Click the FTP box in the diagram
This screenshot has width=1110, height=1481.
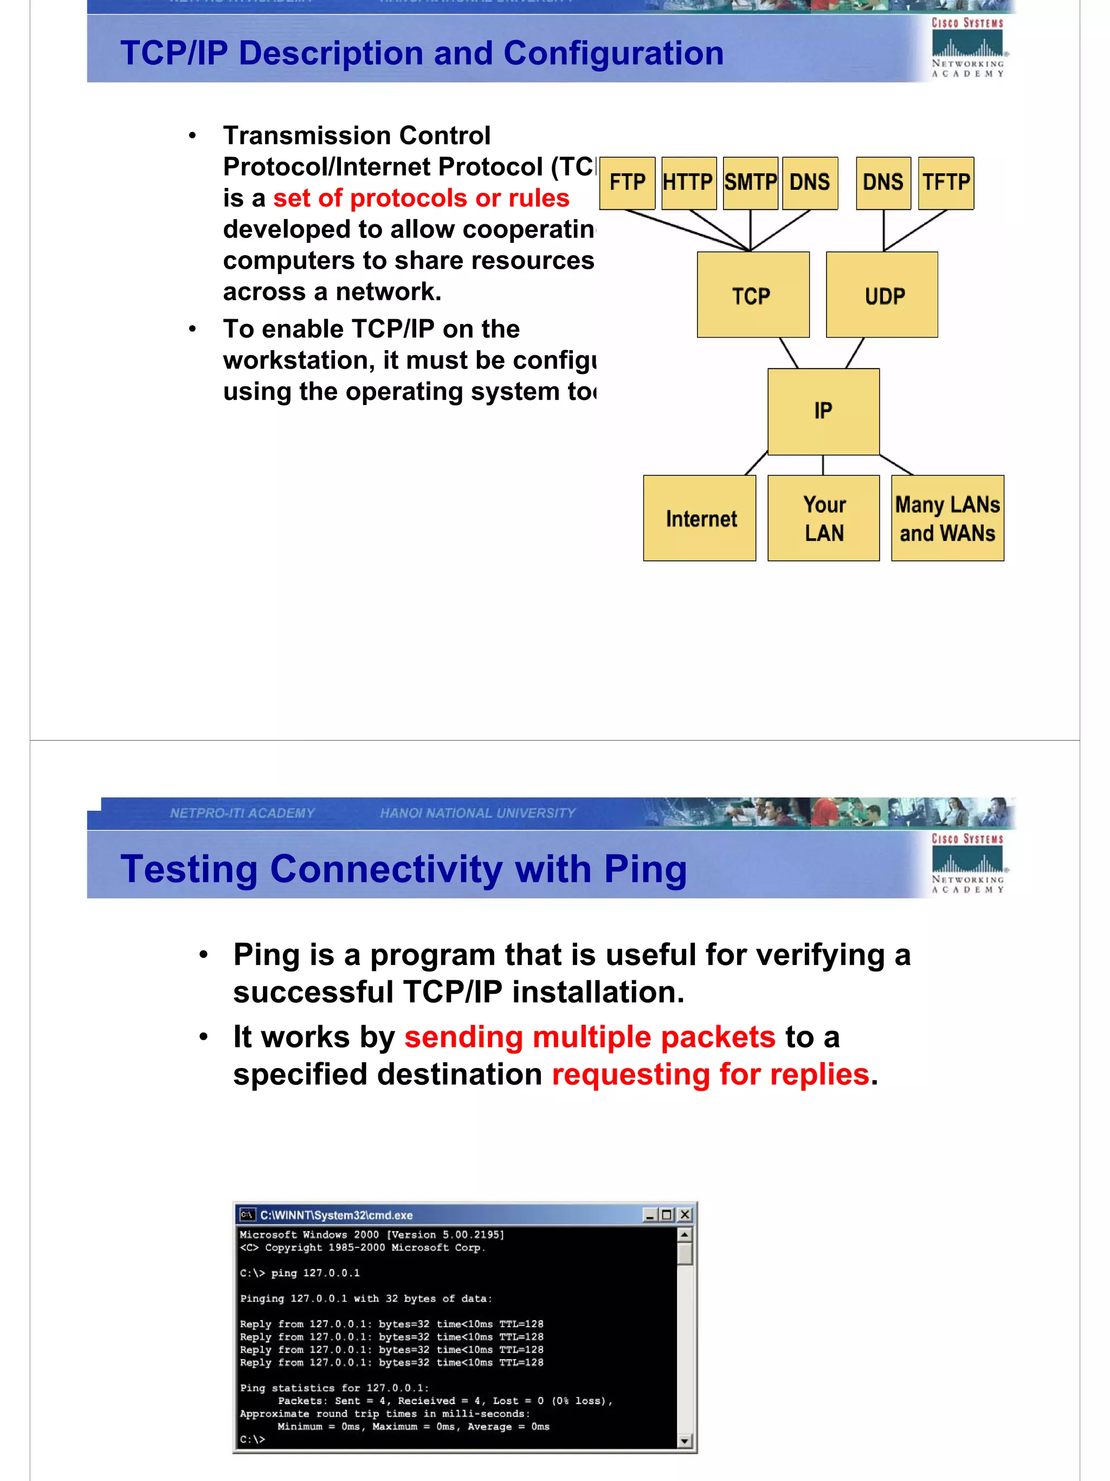pyautogui.click(x=627, y=183)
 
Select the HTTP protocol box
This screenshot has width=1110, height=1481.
pyautogui.click(x=688, y=183)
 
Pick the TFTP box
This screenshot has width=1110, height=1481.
pyautogui.click(x=945, y=183)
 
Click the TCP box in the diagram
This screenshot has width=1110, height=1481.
pyautogui.click(x=752, y=295)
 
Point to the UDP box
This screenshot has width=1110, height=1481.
pyautogui.click(x=882, y=295)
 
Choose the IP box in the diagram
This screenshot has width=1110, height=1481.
pyautogui.click(x=823, y=411)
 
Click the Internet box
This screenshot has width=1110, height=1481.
pyautogui.click(x=699, y=518)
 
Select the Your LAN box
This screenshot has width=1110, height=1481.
pyautogui.click(x=823, y=518)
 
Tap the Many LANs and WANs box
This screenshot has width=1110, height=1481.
pyautogui.click(x=947, y=518)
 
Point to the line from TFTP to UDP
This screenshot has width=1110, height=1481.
pyautogui.click(x=916, y=230)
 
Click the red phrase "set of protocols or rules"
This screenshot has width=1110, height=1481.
pyautogui.click(x=421, y=198)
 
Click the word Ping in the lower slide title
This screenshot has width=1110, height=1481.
pyautogui.click(x=645, y=869)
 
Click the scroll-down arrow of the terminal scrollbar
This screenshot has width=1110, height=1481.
pyautogui.click(x=684, y=1440)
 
